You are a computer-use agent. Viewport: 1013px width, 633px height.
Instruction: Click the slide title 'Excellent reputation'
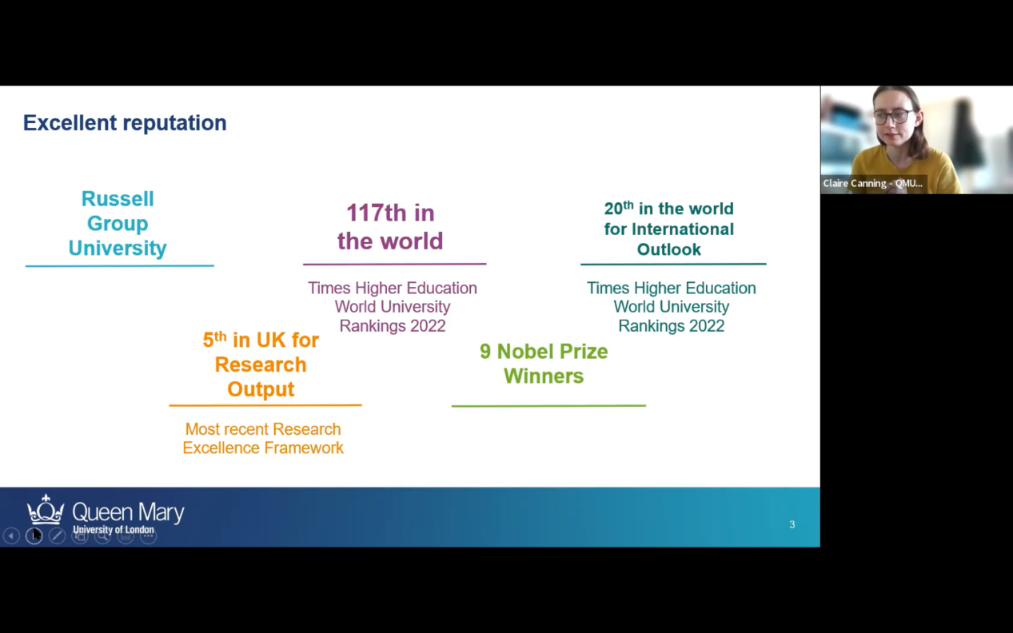[x=125, y=123]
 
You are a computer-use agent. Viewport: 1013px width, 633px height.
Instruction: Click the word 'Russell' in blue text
[x=118, y=199]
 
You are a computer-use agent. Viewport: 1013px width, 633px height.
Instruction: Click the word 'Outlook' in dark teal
[x=669, y=249]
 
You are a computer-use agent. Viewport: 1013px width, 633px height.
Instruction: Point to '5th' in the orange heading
[x=214, y=340]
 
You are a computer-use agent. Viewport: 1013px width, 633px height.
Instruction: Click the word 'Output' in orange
[x=261, y=389]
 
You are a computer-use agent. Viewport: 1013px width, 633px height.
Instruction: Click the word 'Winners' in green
[x=544, y=376]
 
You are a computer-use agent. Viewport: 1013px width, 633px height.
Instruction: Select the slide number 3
[x=792, y=524]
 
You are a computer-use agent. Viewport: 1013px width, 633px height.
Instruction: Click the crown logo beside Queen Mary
[x=46, y=511]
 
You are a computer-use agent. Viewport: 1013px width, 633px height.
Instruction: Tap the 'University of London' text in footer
[x=114, y=529]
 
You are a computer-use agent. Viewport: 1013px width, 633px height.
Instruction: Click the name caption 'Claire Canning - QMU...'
[x=872, y=183]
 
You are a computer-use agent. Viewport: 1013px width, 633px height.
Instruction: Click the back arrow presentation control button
[x=11, y=535]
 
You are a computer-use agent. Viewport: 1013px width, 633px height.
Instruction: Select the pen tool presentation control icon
[x=57, y=535]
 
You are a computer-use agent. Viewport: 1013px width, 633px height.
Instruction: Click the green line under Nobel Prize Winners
[x=548, y=405]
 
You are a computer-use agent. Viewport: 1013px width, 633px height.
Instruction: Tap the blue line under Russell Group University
[x=120, y=265]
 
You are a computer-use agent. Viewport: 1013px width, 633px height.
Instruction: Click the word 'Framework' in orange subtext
[x=304, y=448]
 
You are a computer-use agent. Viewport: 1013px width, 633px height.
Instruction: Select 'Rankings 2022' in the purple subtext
[x=393, y=326]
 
